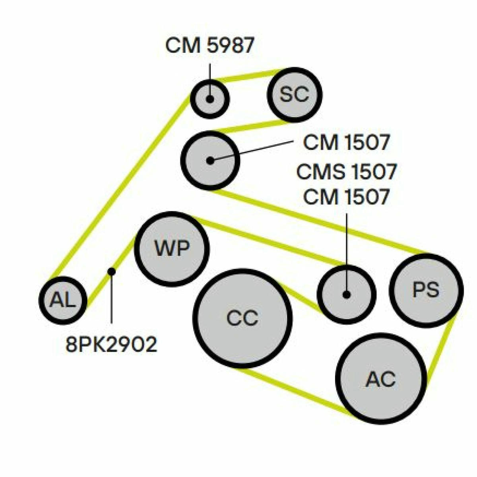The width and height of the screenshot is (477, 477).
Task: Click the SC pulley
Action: pyautogui.click(x=294, y=95)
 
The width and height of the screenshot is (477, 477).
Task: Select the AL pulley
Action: pyautogui.click(x=63, y=300)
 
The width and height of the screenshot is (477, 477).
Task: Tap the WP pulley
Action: pyautogui.click(x=172, y=249)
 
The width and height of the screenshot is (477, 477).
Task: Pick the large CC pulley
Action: pyautogui.click(x=242, y=318)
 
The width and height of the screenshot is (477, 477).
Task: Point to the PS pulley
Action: pyautogui.click(x=426, y=291)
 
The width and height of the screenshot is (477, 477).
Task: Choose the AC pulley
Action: pyautogui.click(x=381, y=379)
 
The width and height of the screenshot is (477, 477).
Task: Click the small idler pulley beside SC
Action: pyautogui.click(x=210, y=99)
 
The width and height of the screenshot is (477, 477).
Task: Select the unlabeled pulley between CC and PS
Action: pyautogui.click(x=347, y=294)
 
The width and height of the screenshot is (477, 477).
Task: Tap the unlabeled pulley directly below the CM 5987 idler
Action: pyautogui.click(x=210, y=161)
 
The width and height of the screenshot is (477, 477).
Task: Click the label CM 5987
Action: pyautogui.click(x=209, y=45)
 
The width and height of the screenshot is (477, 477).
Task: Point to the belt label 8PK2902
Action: pyautogui.click(x=111, y=345)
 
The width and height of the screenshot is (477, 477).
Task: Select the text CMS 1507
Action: pyautogui.click(x=346, y=172)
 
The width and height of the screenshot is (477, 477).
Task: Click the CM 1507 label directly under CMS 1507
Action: pyautogui.click(x=346, y=197)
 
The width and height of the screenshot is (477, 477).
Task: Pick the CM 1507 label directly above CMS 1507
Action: pyautogui.click(x=346, y=142)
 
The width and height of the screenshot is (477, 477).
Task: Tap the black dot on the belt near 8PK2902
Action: pyautogui.click(x=112, y=271)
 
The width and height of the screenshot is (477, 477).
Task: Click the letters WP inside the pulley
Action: pyautogui.click(x=172, y=248)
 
